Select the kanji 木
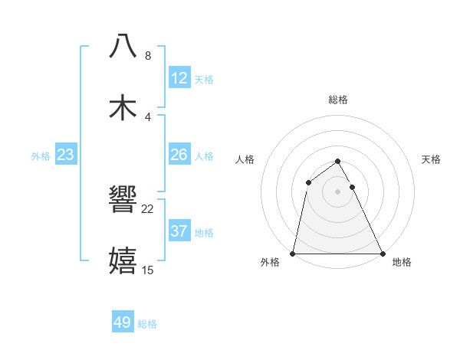click(x=123, y=107)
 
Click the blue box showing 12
click(x=179, y=78)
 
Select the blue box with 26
click(x=179, y=155)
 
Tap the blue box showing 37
click(x=179, y=231)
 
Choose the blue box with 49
click(x=123, y=322)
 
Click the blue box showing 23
click(x=66, y=155)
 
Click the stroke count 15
click(x=148, y=270)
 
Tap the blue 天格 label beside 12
click(x=204, y=80)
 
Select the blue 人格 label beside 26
click(x=204, y=156)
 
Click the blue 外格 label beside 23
click(x=41, y=156)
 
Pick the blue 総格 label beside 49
click(x=147, y=324)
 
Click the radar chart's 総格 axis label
click(x=338, y=100)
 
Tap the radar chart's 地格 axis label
click(x=402, y=262)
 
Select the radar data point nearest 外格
click(x=293, y=253)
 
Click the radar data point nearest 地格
click(x=383, y=253)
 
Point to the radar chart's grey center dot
click(x=338, y=191)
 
